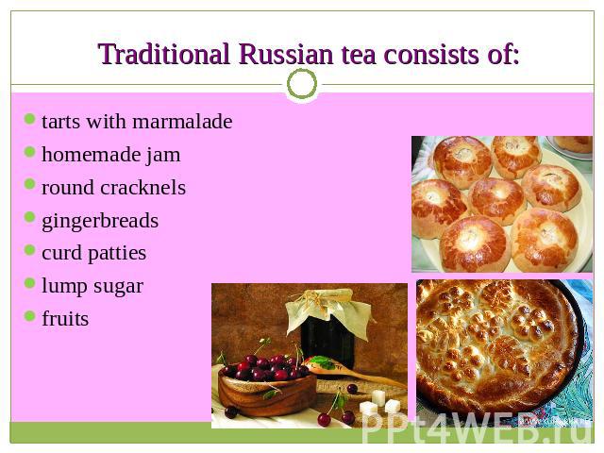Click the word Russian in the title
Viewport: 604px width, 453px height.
[286, 55]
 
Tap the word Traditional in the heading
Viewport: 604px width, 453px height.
[164, 54]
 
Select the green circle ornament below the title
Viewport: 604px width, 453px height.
[302, 84]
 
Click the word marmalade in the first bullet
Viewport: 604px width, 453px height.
[182, 122]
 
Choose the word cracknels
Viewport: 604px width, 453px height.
[143, 188]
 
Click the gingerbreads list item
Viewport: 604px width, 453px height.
[100, 222]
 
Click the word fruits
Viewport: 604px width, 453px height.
[65, 319]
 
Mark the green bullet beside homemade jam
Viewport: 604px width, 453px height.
[29, 152]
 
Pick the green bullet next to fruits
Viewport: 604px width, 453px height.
[29, 316]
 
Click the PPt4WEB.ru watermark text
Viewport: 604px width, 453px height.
[477, 428]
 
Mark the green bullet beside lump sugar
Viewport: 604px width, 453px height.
[29, 283]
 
